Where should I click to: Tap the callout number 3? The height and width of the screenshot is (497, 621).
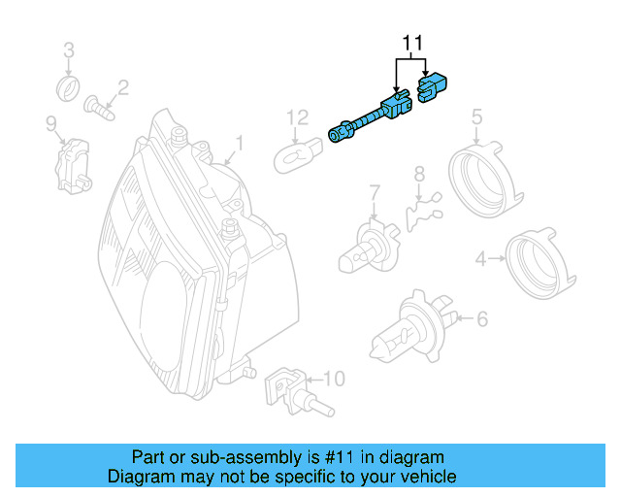(69, 50)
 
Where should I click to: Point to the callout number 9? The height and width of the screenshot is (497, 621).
(50, 122)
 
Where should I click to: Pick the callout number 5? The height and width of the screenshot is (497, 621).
(476, 117)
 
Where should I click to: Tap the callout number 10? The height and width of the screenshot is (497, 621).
(333, 377)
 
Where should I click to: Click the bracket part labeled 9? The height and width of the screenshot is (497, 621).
(74, 162)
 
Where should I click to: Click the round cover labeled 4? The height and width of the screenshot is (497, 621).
(536, 260)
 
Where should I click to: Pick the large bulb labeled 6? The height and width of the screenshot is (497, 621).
(411, 326)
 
